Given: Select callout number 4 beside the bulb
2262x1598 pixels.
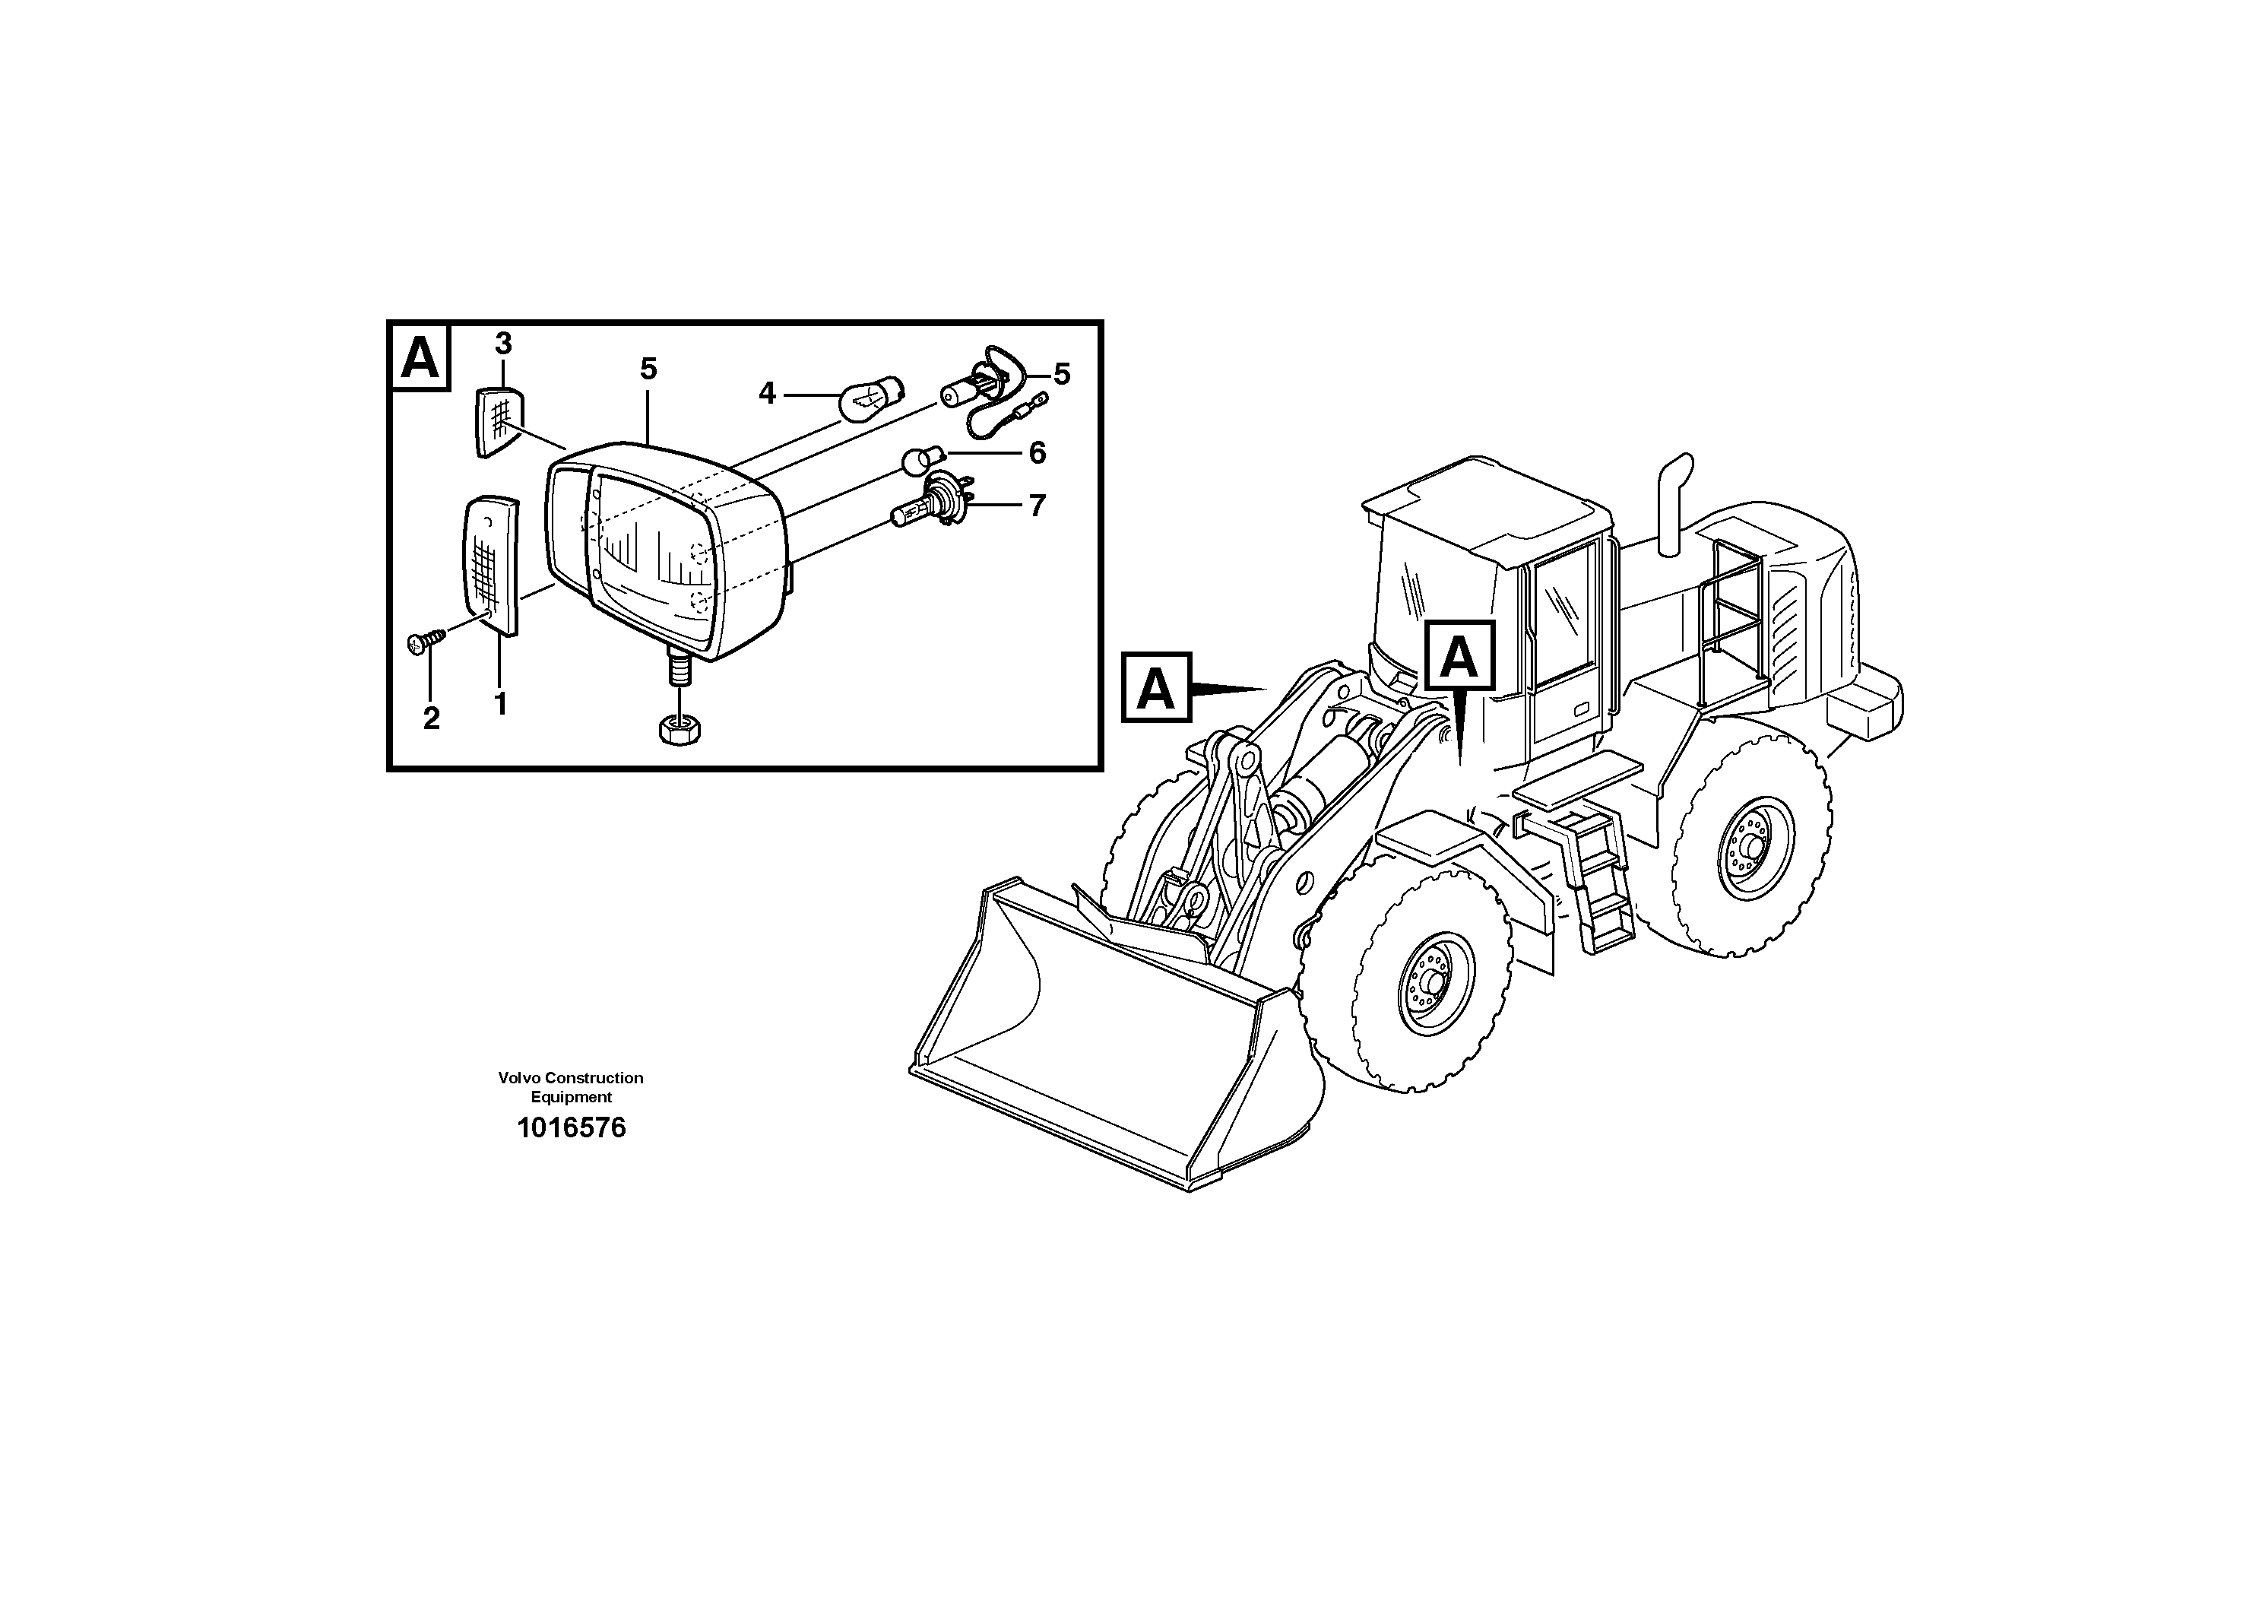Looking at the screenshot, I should click(766, 394).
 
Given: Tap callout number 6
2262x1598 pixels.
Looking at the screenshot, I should click(1037, 453).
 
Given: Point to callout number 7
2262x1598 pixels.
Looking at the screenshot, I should click(1037, 506).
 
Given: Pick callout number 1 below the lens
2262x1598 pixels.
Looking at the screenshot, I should click(500, 705).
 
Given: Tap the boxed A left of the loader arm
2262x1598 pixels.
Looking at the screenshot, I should click(1155, 688).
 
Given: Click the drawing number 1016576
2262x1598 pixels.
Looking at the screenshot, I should click(572, 1128).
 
